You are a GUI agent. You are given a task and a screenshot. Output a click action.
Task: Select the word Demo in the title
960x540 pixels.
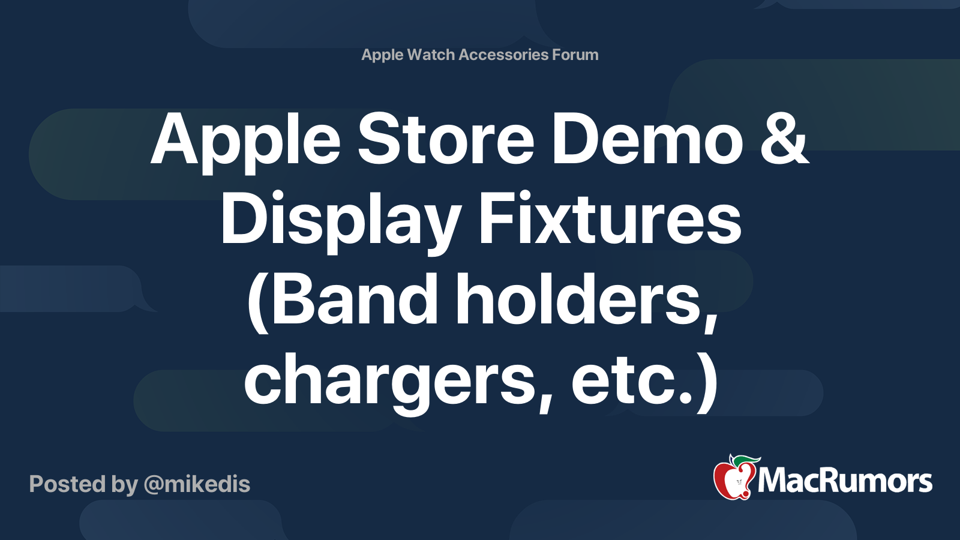click(x=647, y=140)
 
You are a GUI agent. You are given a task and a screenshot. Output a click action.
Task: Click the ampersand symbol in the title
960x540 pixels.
click(x=785, y=140)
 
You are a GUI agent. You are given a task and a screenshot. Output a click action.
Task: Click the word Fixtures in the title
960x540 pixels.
click(x=610, y=220)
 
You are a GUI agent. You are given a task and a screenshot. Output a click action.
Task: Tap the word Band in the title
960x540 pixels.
click(x=356, y=299)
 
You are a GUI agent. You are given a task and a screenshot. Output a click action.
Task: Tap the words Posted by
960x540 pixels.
click(x=83, y=484)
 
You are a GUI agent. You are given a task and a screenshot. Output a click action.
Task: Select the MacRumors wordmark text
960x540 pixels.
click(x=845, y=481)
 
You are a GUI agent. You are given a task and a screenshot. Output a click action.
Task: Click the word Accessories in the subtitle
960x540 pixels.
click(x=503, y=55)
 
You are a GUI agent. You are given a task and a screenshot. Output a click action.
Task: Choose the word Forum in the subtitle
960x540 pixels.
click(x=575, y=55)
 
